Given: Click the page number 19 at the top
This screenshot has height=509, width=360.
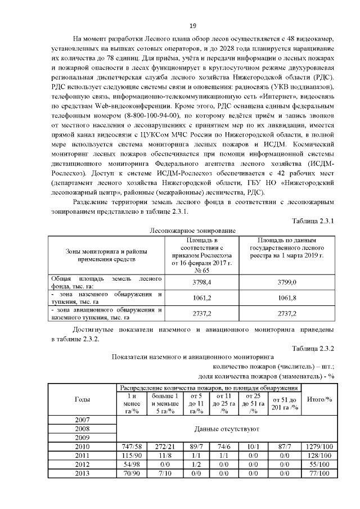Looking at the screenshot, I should [x=192, y=26].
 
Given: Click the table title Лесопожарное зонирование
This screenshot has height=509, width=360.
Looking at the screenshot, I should [x=192, y=231].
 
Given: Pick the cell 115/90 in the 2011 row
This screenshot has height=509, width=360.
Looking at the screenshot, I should [x=132, y=455].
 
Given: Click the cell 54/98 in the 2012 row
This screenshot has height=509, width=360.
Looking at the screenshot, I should [x=132, y=464].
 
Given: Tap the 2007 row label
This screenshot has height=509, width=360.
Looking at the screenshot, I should [x=82, y=420].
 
